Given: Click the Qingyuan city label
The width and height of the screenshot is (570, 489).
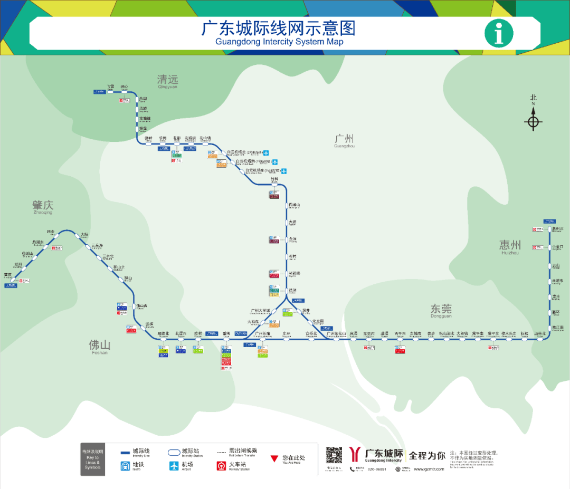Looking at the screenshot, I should (x=168, y=80).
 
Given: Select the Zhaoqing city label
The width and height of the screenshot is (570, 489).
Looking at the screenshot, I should (x=43, y=206).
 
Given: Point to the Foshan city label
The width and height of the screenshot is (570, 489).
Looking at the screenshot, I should (x=99, y=346).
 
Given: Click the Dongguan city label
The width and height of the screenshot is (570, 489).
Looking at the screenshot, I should (x=441, y=309).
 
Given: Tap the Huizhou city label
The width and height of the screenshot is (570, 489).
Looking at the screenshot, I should (x=510, y=245).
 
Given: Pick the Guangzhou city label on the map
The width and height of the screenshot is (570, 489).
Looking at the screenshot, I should (x=344, y=139).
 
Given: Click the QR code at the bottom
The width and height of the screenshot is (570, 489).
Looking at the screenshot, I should (x=334, y=456).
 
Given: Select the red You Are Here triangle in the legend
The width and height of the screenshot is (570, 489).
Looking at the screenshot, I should (x=273, y=458).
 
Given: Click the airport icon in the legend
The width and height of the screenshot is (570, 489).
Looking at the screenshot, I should (x=174, y=466).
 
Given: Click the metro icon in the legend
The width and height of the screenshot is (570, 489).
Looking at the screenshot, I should (x=125, y=466).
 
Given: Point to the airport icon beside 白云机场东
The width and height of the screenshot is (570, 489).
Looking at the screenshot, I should (x=284, y=171).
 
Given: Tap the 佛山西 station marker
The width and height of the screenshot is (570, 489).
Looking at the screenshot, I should (x=134, y=306).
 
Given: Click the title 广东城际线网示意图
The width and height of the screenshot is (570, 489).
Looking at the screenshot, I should (x=279, y=28).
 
